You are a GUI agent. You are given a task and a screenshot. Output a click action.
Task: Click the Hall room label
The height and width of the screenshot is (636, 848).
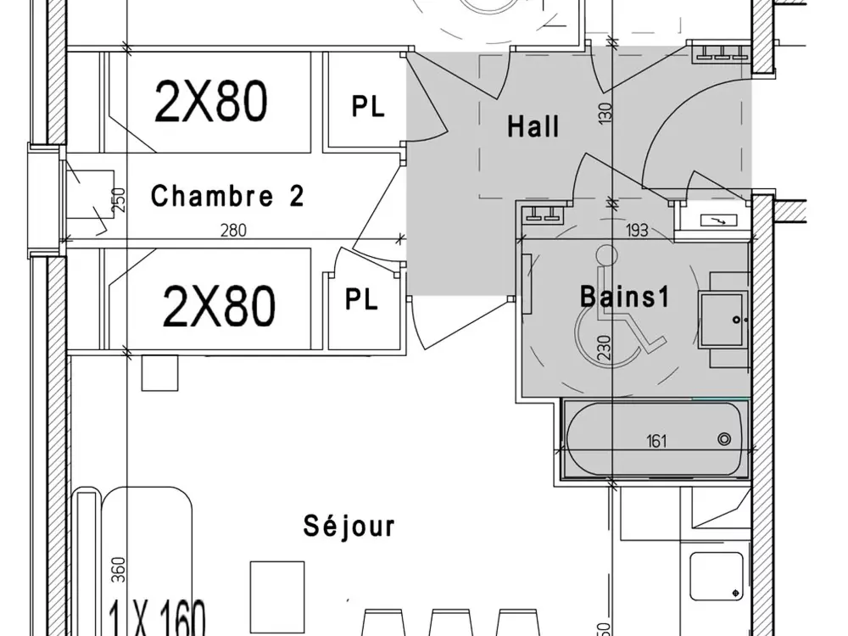533,126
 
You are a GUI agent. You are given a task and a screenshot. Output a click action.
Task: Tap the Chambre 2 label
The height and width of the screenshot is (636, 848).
227,197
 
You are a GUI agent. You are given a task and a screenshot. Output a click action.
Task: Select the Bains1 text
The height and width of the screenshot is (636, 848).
625,297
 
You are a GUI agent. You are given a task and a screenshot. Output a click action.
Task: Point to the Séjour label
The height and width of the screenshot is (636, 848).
349,526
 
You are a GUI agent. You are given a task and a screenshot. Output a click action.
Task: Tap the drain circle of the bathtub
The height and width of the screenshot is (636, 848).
724,439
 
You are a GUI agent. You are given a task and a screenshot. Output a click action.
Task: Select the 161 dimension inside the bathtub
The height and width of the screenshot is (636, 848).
656,441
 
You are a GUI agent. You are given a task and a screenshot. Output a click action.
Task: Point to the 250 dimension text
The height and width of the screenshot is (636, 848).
119,200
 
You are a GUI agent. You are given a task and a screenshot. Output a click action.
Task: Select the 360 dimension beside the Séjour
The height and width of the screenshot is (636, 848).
118,570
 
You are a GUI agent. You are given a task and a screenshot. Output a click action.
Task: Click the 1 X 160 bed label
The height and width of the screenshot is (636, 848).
159,618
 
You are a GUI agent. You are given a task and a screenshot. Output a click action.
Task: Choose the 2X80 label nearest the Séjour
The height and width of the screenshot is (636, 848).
218,305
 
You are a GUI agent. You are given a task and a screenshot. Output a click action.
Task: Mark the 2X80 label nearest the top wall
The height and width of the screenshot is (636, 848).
211,102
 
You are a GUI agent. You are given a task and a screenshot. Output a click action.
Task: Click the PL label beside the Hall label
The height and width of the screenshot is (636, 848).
367,106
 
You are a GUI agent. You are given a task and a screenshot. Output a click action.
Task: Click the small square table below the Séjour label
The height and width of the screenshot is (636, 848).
277,593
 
